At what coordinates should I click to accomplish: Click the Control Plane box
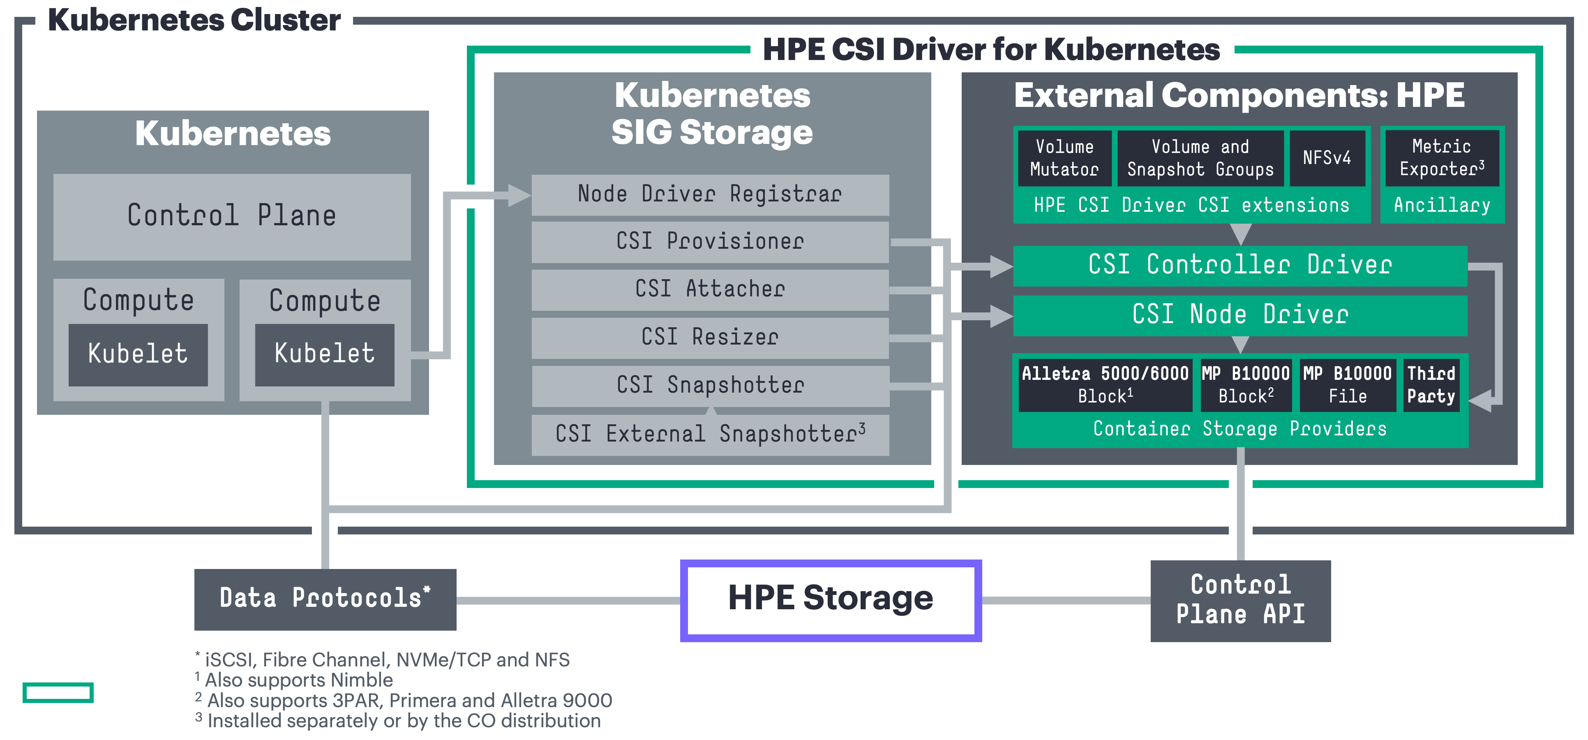click(x=232, y=216)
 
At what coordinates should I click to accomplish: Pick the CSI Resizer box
click(x=710, y=337)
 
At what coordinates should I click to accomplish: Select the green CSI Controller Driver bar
click(x=1239, y=266)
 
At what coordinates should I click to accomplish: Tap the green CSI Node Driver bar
click(x=1239, y=315)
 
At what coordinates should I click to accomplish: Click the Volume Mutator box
click(x=1064, y=158)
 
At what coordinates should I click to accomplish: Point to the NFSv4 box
click(x=1327, y=158)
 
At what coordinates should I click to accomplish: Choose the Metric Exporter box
click(x=1441, y=158)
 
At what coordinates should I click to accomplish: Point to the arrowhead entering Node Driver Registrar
click(x=519, y=196)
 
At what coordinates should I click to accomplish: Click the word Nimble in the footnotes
click(x=362, y=680)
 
